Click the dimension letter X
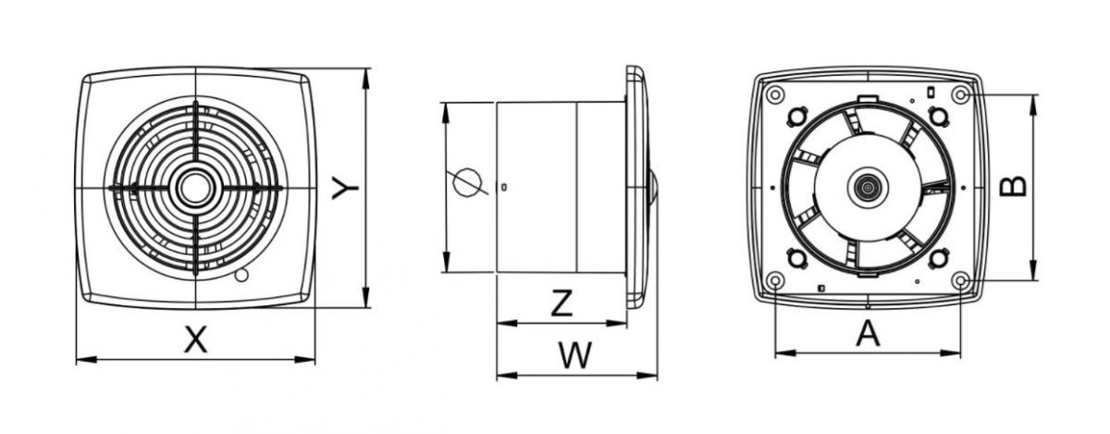pyautogui.click(x=194, y=340)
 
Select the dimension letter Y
pyautogui.click(x=346, y=189)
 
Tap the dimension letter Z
pyautogui.click(x=561, y=304)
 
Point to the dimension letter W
pyautogui.click(x=576, y=355)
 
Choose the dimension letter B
pyautogui.click(x=1014, y=186)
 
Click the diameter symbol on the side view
pyautogui.click(x=468, y=182)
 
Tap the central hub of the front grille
pyautogui.click(x=195, y=188)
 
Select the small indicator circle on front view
pyautogui.click(x=241, y=275)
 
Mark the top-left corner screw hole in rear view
pyautogui.click(x=775, y=94)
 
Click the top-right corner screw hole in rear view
pyautogui.click(x=960, y=94)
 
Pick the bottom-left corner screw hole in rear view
pyautogui.click(x=775, y=279)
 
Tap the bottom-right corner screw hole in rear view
pyautogui.click(x=960, y=279)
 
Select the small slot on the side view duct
pyautogui.click(x=502, y=187)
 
